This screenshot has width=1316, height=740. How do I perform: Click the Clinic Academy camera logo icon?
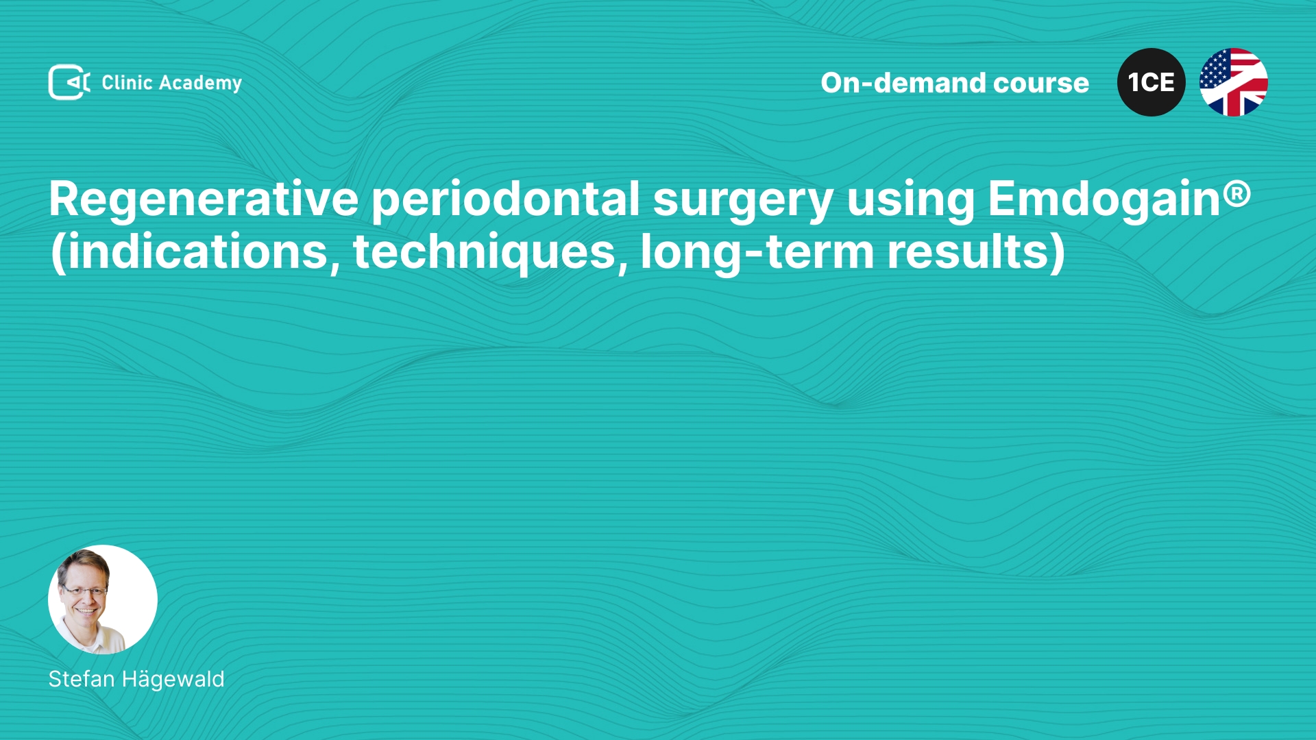click(x=69, y=82)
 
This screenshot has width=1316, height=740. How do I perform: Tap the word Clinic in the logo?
click(x=127, y=82)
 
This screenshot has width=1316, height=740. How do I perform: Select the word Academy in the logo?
click(x=200, y=84)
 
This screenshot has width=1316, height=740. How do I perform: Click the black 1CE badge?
click(x=1151, y=82)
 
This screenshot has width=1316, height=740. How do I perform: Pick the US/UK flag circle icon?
click(x=1234, y=82)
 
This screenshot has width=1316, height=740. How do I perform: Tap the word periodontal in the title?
click(x=506, y=199)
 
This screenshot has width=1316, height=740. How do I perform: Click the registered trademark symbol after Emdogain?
click(x=1237, y=193)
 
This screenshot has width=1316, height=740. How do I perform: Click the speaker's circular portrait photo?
click(x=103, y=600)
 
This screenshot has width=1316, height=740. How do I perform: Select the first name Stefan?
click(x=82, y=679)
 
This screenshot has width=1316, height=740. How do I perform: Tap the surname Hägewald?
click(x=173, y=679)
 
